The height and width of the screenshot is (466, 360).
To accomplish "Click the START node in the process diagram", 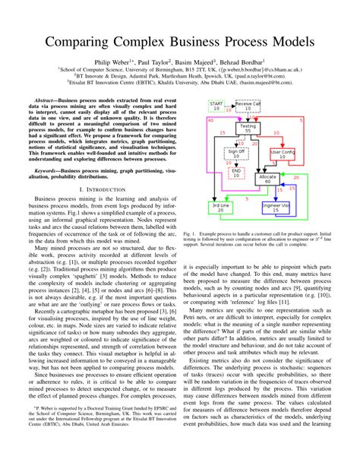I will point(216,106).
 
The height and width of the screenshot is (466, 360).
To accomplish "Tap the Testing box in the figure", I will point(247,128).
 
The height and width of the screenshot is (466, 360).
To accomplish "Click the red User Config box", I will point(282,154).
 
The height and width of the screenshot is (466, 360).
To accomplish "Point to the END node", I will point(236,173).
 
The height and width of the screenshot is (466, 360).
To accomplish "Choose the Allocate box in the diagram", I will point(267,179).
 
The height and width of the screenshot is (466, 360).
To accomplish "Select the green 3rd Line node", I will point(220,208).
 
